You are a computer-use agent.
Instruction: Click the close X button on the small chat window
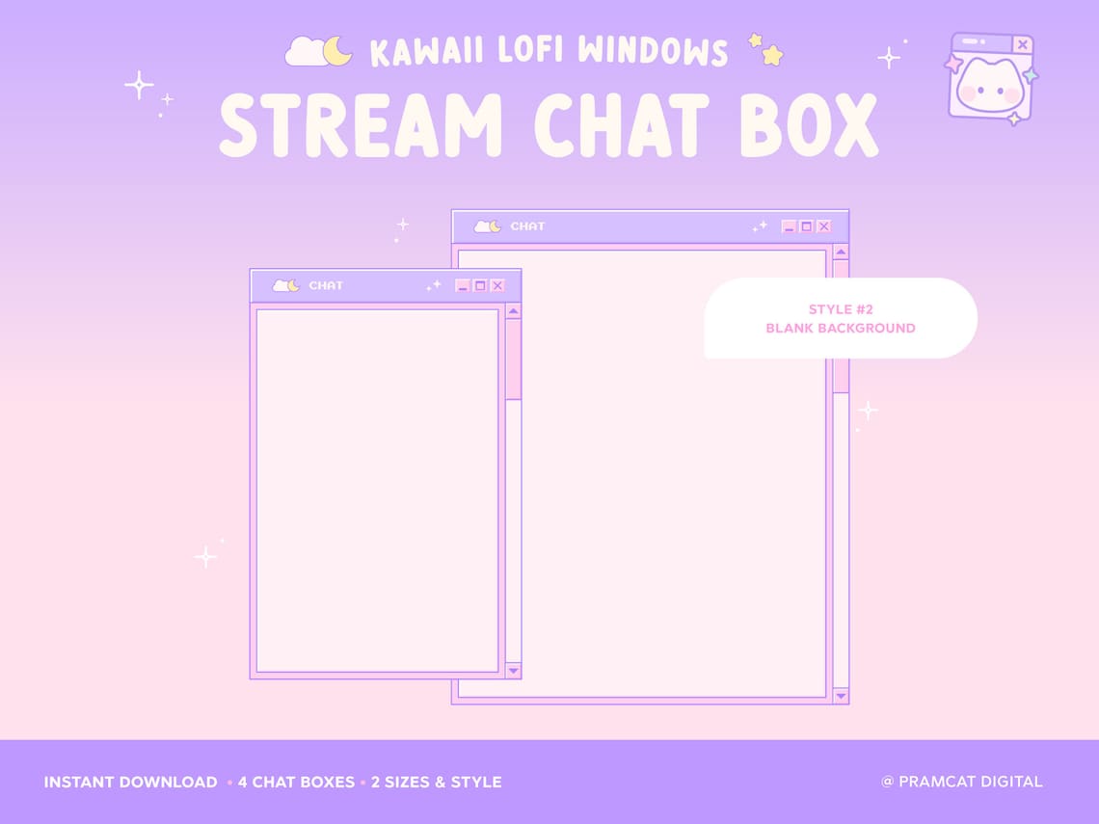[x=497, y=285]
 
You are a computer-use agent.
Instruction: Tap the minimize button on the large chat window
[x=789, y=226]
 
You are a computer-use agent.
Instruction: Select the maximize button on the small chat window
[x=480, y=285]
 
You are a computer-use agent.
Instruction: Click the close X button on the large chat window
[x=823, y=226]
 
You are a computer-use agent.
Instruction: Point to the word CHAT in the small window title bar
[x=326, y=285]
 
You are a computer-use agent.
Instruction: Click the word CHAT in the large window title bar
[x=527, y=226]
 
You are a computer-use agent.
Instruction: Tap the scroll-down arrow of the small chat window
[x=513, y=670]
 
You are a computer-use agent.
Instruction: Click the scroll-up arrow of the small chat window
[x=513, y=311]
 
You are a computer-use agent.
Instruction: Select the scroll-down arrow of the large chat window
[x=841, y=695]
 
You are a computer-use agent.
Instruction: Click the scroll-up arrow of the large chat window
[x=841, y=253]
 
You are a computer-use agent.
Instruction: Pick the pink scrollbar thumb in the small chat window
[x=513, y=359]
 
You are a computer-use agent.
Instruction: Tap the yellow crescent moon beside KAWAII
[x=338, y=51]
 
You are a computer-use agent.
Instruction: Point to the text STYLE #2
[x=841, y=309]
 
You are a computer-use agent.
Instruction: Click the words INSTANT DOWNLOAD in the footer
[x=130, y=782]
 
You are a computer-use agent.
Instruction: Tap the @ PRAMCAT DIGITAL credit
[x=961, y=782]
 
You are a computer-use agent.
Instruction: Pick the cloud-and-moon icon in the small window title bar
[x=286, y=285]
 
